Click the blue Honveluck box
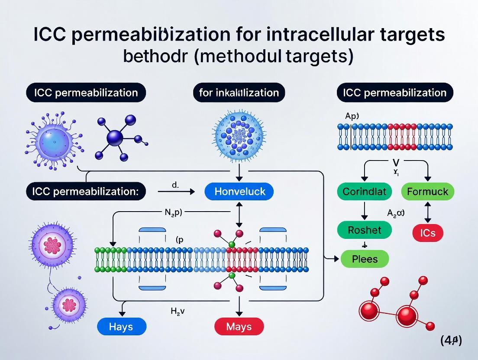point(240,191)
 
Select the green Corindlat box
point(364,191)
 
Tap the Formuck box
point(428,191)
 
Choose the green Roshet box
point(365,230)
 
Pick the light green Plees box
point(365,259)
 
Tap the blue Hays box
point(121,326)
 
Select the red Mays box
point(239,326)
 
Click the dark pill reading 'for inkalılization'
point(239,93)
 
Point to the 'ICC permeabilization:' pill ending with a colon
point(86,191)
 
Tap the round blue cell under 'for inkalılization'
point(239,132)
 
